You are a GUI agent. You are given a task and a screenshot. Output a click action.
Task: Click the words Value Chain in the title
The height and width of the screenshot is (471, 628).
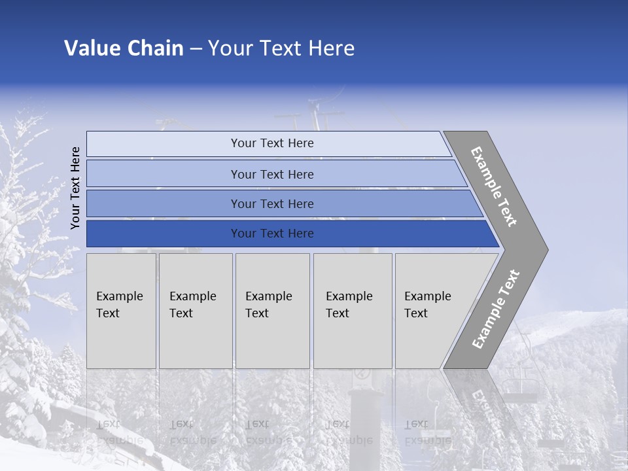point(124,48)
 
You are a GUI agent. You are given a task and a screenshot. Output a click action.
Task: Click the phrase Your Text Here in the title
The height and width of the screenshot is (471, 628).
point(281,48)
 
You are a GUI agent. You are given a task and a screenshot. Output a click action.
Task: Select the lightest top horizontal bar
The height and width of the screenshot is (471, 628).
point(164,144)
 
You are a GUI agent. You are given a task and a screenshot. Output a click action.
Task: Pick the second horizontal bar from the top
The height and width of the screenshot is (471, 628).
point(164,174)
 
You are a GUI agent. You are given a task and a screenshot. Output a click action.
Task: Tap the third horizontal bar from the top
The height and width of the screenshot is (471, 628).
point(164,204)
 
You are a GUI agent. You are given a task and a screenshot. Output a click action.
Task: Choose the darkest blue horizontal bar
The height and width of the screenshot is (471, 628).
point(164,234)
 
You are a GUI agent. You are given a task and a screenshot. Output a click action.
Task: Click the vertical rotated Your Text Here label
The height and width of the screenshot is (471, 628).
point(75,188)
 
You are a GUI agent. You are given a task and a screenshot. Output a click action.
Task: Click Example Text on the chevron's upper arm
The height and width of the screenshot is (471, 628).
point(494,186)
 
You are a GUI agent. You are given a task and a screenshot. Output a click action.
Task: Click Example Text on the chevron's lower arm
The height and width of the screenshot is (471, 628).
point(495,309)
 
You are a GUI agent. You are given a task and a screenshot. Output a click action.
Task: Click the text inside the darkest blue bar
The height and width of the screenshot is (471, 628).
point(272,234)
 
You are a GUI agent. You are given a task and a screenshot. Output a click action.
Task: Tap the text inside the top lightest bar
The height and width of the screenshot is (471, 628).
point(272,143)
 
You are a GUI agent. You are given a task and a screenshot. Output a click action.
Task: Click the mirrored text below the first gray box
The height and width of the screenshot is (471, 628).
point(119,432)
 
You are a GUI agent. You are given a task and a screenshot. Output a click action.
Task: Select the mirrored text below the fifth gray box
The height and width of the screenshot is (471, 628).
point(427,432)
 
